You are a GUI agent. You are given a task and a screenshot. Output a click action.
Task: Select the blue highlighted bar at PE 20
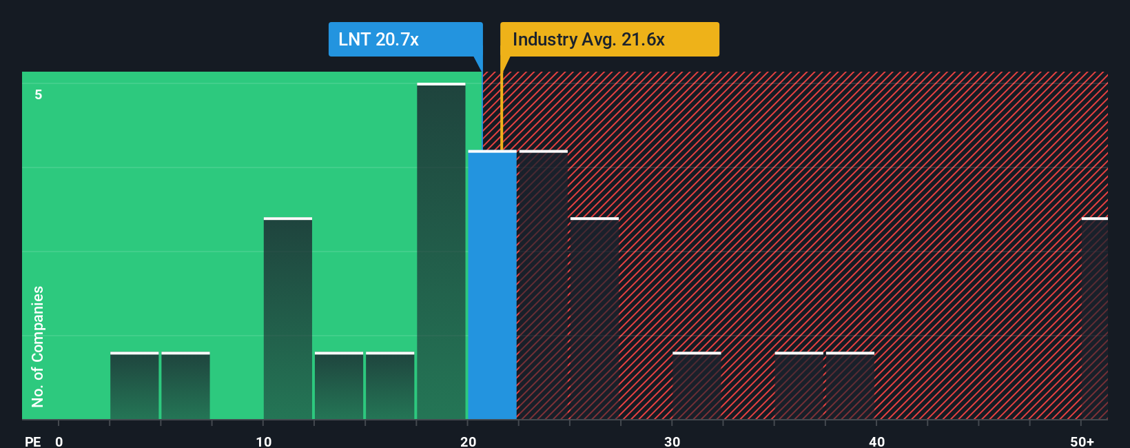coord(492,285)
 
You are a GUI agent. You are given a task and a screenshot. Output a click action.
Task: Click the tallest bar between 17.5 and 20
coord(441,252)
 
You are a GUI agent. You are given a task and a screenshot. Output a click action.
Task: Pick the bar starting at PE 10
coord(288,318)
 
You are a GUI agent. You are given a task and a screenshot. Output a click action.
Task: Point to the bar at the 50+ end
coord(1094,318)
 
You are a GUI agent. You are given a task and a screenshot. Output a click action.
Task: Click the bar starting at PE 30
coord(697,386)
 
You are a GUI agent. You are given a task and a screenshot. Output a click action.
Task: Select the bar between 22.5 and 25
coord(543,285)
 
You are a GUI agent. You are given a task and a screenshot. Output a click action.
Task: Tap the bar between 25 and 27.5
coord(594,318)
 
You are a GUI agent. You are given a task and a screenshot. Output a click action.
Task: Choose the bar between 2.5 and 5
coord(134,386)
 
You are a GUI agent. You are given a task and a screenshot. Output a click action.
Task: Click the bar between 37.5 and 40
coord(850,386)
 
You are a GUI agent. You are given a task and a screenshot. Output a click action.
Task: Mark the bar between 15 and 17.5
coord(390,386)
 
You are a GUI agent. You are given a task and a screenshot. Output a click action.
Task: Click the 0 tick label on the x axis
coord(59,441)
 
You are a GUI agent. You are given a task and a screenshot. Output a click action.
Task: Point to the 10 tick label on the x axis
coord(264,441)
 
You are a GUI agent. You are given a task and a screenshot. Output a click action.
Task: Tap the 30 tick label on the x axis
coord(672,441)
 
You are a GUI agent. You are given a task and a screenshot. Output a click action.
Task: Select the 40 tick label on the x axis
coord(876,441)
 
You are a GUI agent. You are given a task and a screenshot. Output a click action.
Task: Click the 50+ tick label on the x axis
coord(1082,441)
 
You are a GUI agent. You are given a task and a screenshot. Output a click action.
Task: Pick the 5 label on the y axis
coord(39,94)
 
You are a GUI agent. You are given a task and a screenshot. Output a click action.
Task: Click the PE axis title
coord(32,441)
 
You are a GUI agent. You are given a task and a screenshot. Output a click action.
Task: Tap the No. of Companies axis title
coord(38,346)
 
